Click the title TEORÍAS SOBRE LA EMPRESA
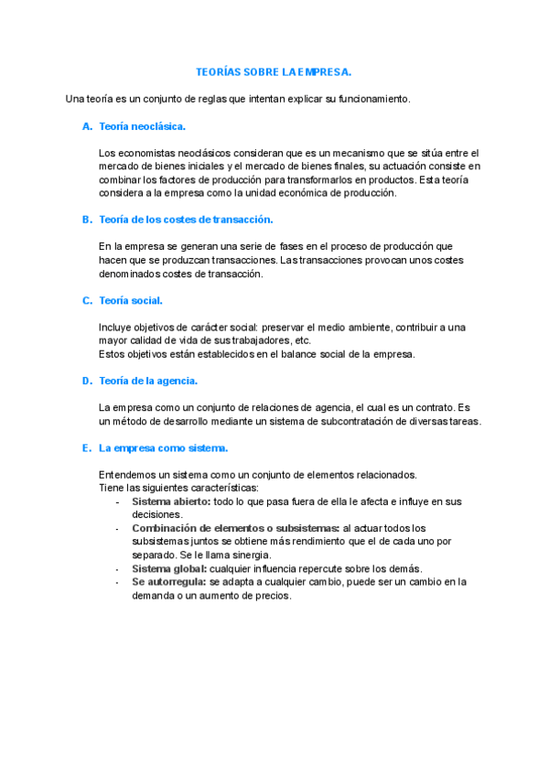274,70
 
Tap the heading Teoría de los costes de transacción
186,219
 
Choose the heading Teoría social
131,299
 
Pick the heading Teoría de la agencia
148,380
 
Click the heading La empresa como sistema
164,447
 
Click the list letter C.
86,299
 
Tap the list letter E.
86,447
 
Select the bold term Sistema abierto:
171,501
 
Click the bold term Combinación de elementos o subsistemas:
235,528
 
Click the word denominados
129,273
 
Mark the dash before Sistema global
117,568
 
